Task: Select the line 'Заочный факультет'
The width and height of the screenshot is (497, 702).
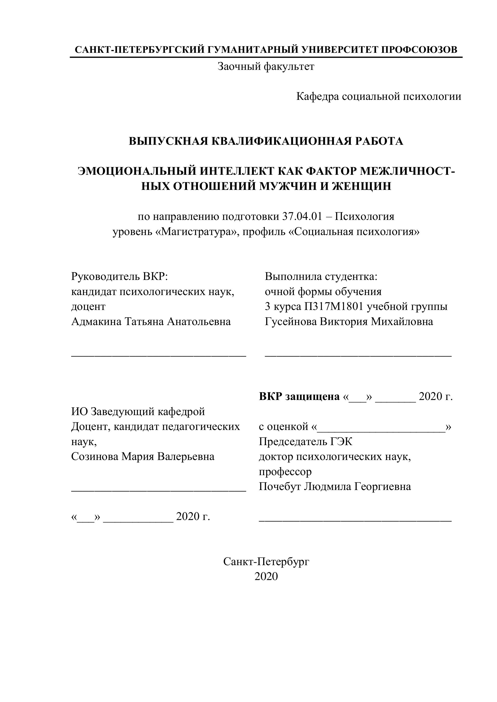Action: click(x=266, y=66)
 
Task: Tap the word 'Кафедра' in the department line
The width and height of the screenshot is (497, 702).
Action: click(x=317, y=97)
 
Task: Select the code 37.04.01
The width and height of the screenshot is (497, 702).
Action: click(x=302, y=217)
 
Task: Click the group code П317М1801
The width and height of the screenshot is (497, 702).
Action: click(x=334, y=306)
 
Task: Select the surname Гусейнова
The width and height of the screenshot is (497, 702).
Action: click(x=290, y=322)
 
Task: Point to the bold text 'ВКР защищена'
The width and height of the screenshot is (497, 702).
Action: click(x=299, y=397)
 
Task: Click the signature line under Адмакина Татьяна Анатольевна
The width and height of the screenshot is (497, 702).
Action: click(x=159, y=356)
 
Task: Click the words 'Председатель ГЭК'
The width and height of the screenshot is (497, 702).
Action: click(x=305, y=442)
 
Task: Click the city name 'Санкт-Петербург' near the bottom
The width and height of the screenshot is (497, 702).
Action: click(x=266, y=561)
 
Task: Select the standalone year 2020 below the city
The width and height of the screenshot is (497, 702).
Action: click(x=266, y=576)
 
